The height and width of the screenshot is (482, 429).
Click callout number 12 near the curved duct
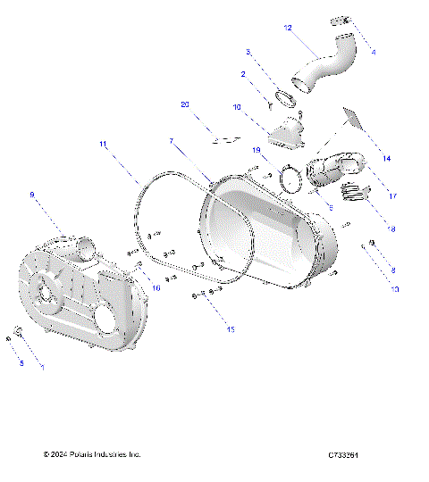click(x=288, y=29)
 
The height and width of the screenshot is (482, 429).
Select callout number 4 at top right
click(x=373, y=53)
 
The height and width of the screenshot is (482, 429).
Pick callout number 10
click(x=237, y=107)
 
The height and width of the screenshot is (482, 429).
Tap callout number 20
click(x=185, y=104)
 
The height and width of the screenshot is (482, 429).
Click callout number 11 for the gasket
click(x=104, y=144)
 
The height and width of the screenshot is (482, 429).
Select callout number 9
click(x=32, y=194)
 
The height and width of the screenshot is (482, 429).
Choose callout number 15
click(x=230, y=329)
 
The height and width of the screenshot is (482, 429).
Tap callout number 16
click(x=156, y=287)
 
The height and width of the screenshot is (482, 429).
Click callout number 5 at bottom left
click(x=21, y=362)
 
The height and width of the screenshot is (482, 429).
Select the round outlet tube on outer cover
click(x=86, y=243)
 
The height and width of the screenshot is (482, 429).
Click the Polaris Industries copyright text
click(x=92, y=455)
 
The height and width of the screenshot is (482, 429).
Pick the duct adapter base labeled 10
click(x=282, y=134)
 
